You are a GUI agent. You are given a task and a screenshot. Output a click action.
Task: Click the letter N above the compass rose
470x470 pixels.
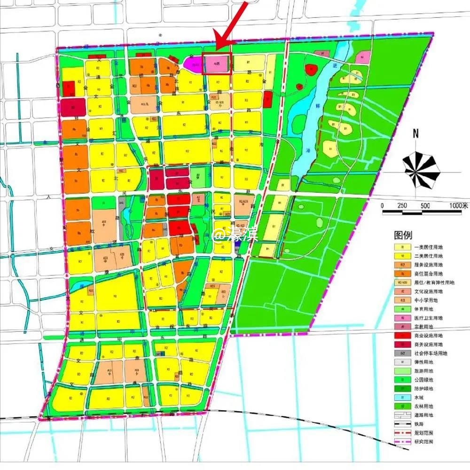415,133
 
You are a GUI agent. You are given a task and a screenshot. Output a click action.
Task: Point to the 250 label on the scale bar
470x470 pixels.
402,206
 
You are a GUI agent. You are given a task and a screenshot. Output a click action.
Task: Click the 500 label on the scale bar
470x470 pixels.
425,206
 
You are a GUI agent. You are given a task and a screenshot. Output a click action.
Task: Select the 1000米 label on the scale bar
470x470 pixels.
458,206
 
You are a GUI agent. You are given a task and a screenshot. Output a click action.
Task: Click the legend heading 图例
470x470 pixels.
403,235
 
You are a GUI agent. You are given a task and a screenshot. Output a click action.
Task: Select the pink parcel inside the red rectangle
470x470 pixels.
217,64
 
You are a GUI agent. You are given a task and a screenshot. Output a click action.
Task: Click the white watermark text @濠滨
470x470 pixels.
235,235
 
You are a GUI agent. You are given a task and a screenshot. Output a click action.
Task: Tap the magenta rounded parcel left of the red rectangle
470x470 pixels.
192,64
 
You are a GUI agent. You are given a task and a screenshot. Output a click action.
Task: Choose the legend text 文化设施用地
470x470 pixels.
428,291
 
